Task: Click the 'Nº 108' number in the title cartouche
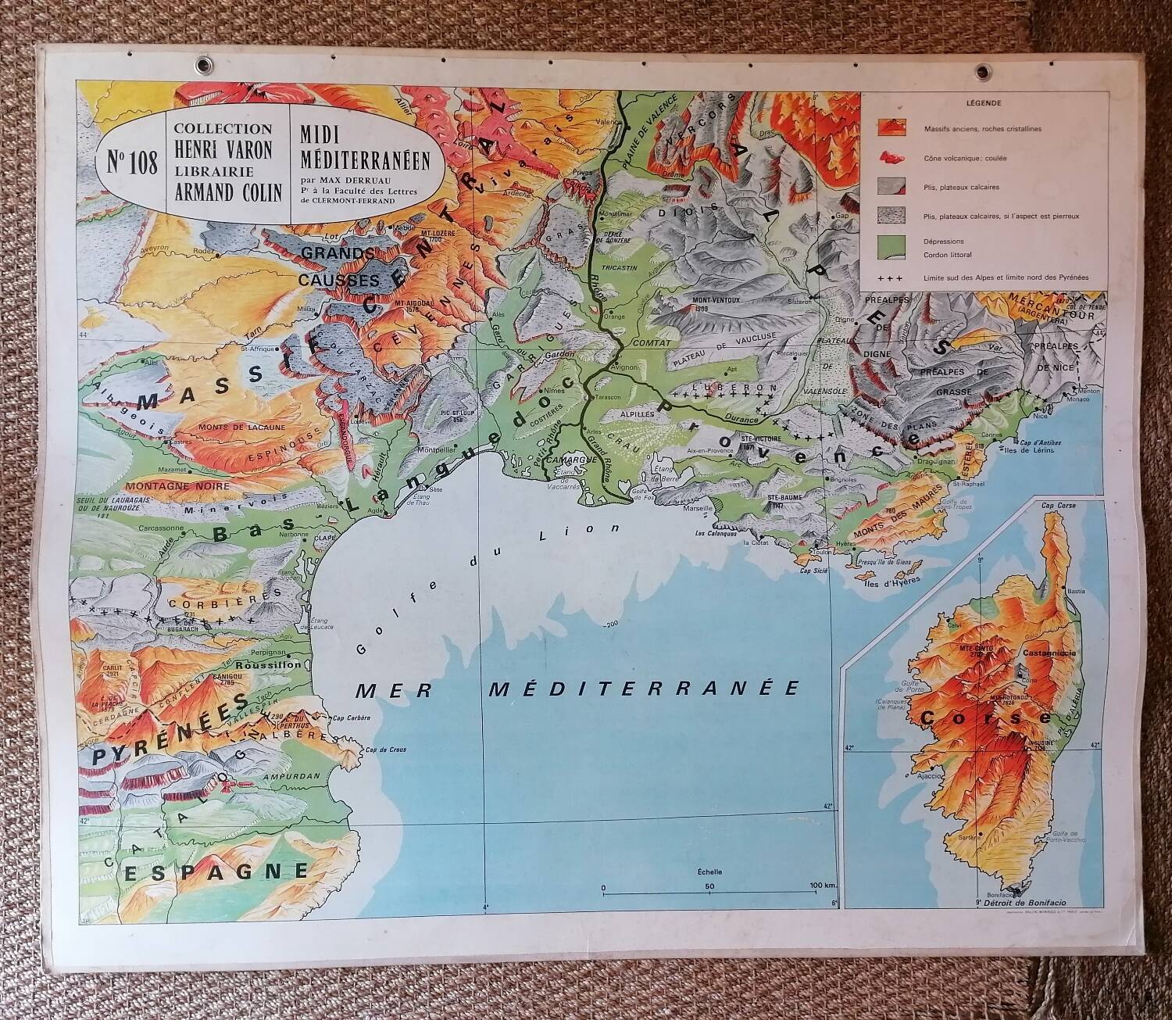coord(127,163)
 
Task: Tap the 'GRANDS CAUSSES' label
coord(338,266)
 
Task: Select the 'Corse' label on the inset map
coord(986,716)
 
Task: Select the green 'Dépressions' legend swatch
coord(891,246)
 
